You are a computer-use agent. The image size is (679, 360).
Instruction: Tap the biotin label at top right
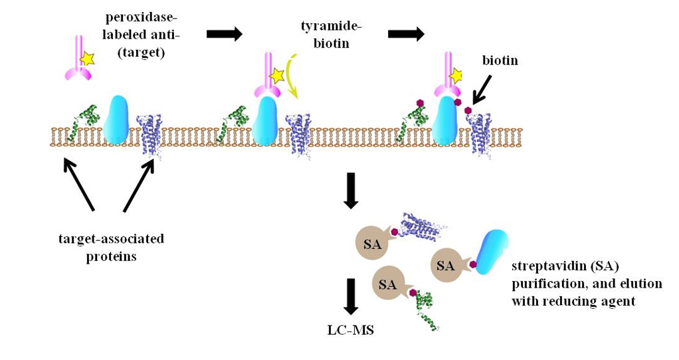tap(500, 60)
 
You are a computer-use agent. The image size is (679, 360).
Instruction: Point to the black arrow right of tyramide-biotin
tap(406, 34)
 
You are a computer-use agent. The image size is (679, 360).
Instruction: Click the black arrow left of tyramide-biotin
tap(225, 34)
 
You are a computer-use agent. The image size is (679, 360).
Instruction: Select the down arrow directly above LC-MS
tap(351, 296)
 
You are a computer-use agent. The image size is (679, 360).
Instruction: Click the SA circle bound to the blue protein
tap(446, 266)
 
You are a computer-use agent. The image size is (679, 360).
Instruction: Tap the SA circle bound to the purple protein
tap(373, 244)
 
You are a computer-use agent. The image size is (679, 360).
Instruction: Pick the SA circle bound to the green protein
tap(388, 284)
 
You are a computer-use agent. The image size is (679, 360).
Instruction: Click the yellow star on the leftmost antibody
tap(86, 59)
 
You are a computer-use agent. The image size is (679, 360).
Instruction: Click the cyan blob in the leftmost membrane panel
tap(116, 120)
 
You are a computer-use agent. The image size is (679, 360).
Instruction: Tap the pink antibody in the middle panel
tap(264, 80)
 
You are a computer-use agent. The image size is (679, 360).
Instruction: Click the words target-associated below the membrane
tap(111, 238)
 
